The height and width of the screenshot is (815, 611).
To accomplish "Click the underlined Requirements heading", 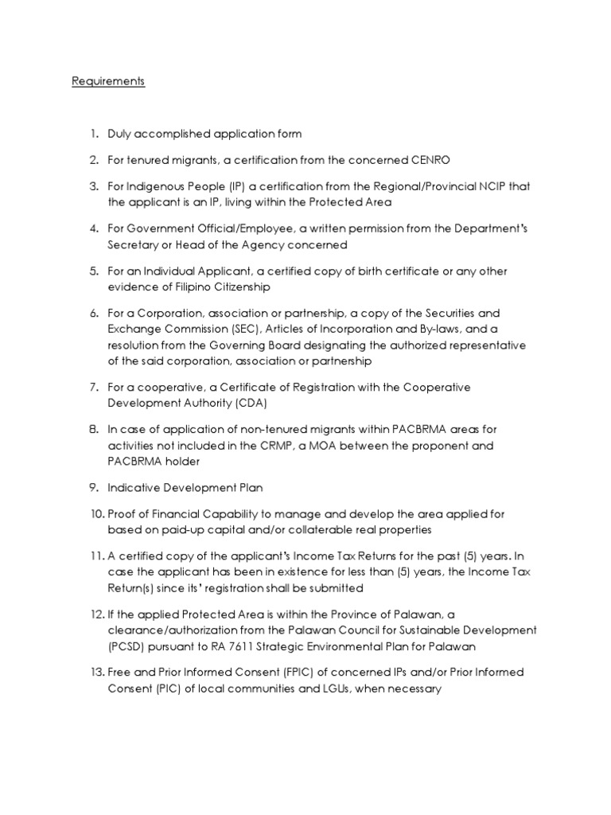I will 108,81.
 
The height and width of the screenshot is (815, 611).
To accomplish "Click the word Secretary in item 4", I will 133,245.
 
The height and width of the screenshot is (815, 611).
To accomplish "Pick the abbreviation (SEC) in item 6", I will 251,330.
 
